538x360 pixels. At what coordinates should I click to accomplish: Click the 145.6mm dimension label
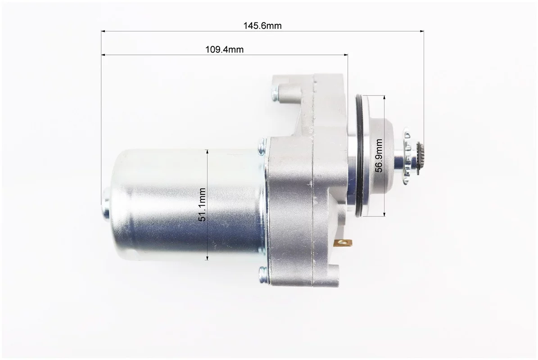click(262, 26)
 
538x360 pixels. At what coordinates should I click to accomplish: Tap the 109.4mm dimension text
click(224, 49)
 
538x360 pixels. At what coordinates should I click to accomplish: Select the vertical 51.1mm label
click(202, 205)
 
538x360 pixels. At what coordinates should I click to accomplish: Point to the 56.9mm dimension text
click(379, 155)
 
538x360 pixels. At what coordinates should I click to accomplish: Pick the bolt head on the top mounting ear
click(275, 93)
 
